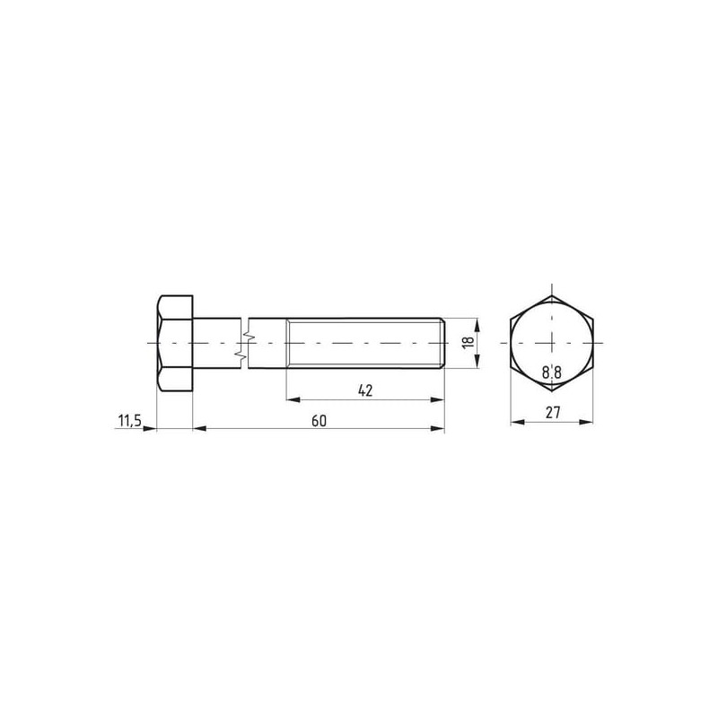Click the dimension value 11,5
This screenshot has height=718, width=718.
pos(130,420)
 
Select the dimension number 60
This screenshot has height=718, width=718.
pos(319,421)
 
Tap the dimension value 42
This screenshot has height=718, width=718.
pos(365,390)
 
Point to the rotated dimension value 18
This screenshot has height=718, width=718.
pos(468,342)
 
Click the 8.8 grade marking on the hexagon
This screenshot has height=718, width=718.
pos(552,372)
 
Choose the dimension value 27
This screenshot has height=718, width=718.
pos(553,413)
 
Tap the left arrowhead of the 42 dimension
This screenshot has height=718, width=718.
pos(293,399)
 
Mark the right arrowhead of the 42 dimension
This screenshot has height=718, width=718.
pos(437,399)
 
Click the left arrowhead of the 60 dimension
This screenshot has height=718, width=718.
pos(199,429)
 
